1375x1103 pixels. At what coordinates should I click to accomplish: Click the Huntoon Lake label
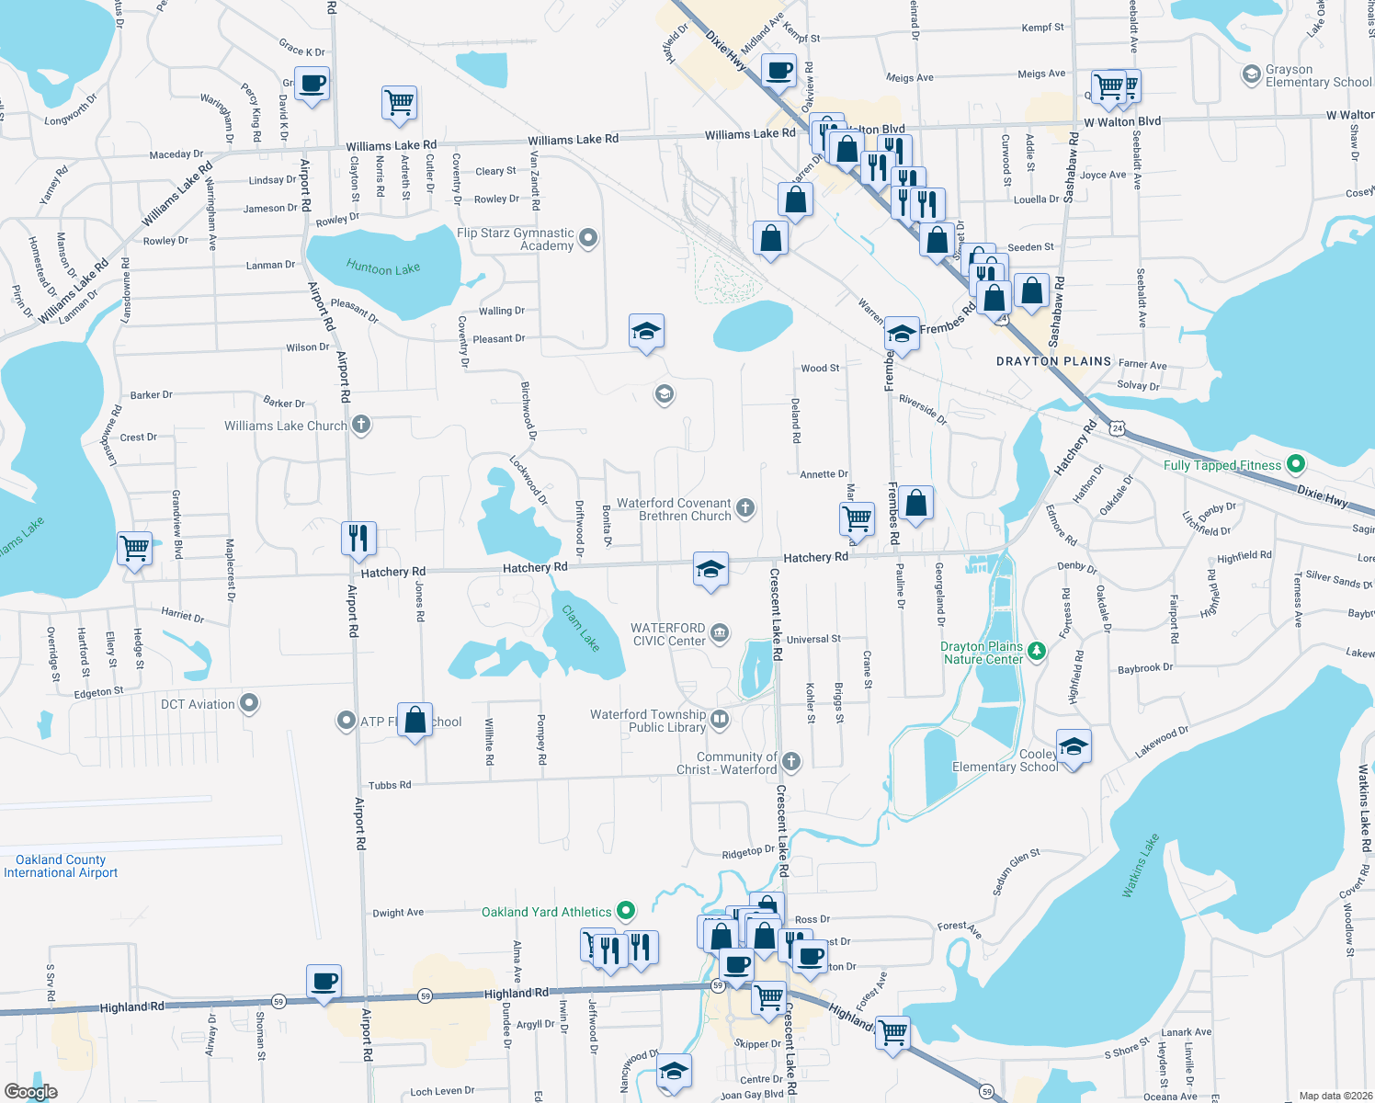click(383, 267)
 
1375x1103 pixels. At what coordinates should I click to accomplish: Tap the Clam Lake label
click(581, 629)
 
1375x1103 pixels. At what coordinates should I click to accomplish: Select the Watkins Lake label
click(1141, 866)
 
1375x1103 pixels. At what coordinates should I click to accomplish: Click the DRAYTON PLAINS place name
click(1053, 361)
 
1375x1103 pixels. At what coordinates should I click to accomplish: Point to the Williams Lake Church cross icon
click(361, 425)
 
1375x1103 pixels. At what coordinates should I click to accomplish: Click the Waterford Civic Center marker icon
click(720, 632)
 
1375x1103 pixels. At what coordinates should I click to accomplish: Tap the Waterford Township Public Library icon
click(720, 719)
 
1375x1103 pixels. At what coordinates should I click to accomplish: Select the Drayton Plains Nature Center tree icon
click(1037, 651)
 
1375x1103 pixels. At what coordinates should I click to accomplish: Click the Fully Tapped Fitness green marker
click(1295, 463)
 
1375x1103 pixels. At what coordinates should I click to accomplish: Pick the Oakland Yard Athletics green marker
click(626, 911)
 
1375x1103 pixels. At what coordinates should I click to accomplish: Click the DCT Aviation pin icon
click(249, 704)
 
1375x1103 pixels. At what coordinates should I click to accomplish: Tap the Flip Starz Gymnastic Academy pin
click(588, 238)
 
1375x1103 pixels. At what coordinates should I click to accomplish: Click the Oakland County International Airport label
click(61, 866)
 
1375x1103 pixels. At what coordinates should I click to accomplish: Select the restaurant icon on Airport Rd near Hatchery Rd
click(358, 538)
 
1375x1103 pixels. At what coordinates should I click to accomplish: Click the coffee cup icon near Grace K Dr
click(312, 85)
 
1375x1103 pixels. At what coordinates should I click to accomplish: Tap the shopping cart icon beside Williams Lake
click(135, 548)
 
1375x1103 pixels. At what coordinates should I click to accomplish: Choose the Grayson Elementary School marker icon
click(1251, 74)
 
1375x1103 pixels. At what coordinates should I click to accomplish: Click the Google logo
click(30, 1092)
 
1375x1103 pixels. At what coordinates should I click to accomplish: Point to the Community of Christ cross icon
click(791, 761)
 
